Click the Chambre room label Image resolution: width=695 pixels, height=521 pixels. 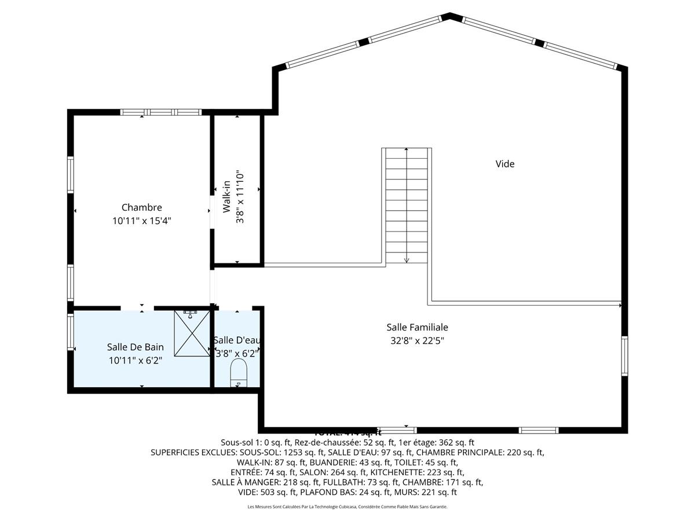click(141, 207)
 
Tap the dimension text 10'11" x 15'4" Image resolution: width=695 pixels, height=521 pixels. click(141, 221)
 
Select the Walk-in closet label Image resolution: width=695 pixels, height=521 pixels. click(227, 197)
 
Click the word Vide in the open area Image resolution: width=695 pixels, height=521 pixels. click(504, 164)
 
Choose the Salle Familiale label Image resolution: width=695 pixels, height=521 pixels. click(417, 328)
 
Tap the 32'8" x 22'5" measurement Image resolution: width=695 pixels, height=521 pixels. click(417, 341)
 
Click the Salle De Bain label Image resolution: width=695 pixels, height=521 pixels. click(135, 347)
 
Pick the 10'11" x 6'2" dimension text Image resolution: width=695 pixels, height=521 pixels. click(135, 361)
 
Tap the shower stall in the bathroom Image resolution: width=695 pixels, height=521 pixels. click(192, 333)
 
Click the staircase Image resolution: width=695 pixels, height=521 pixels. click(407, 206)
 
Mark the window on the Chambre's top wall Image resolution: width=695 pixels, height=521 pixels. click(160, 112)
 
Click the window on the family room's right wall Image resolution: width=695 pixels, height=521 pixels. click(624, 356)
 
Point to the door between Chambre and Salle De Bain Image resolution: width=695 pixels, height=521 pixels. click(137, 307)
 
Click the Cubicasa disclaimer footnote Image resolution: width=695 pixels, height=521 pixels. click(348, 507)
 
